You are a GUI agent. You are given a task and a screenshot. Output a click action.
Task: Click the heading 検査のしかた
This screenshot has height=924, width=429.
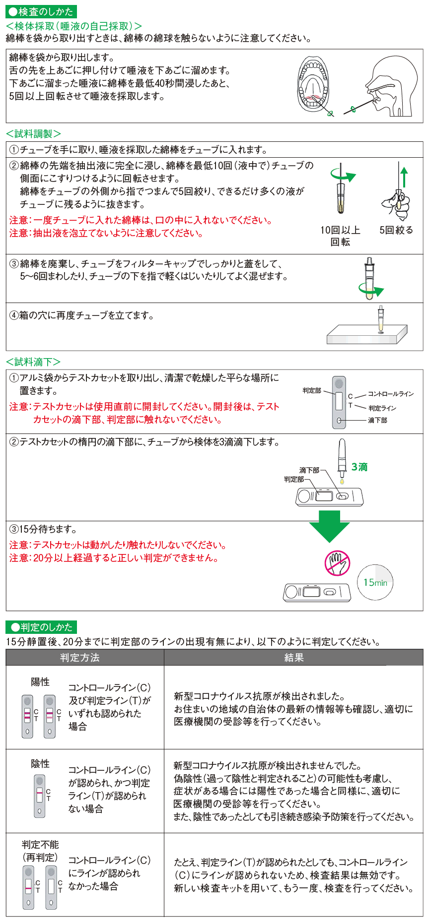point(41,11)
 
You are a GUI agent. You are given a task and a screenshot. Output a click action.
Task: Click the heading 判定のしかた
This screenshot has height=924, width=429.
point(42,627)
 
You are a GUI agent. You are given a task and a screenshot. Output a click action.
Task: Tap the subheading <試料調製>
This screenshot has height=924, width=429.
point(33,134)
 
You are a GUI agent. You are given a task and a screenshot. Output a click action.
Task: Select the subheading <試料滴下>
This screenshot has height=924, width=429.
point(33,362)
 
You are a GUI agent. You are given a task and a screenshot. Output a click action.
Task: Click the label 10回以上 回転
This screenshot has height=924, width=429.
point(340,236)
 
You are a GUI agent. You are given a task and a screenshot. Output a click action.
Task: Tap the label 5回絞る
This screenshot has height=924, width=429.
point(396,230)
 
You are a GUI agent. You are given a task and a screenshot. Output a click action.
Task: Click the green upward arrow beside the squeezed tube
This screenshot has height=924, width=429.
point(404,177)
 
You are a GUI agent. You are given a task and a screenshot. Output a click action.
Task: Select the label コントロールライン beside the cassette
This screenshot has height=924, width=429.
point(391,394)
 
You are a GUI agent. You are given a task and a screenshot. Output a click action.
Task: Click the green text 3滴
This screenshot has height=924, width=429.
point(359,467)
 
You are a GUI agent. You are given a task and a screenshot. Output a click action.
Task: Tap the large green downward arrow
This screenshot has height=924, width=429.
point(329,526)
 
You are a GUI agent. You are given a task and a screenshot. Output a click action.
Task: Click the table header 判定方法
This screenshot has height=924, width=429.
point(80,658)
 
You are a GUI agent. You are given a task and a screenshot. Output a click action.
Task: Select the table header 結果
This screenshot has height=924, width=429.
point(293,658)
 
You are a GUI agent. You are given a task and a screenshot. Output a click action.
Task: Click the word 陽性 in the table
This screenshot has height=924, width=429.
point(40,682)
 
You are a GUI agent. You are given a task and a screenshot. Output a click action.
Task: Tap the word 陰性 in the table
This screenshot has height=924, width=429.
point(40,764)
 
